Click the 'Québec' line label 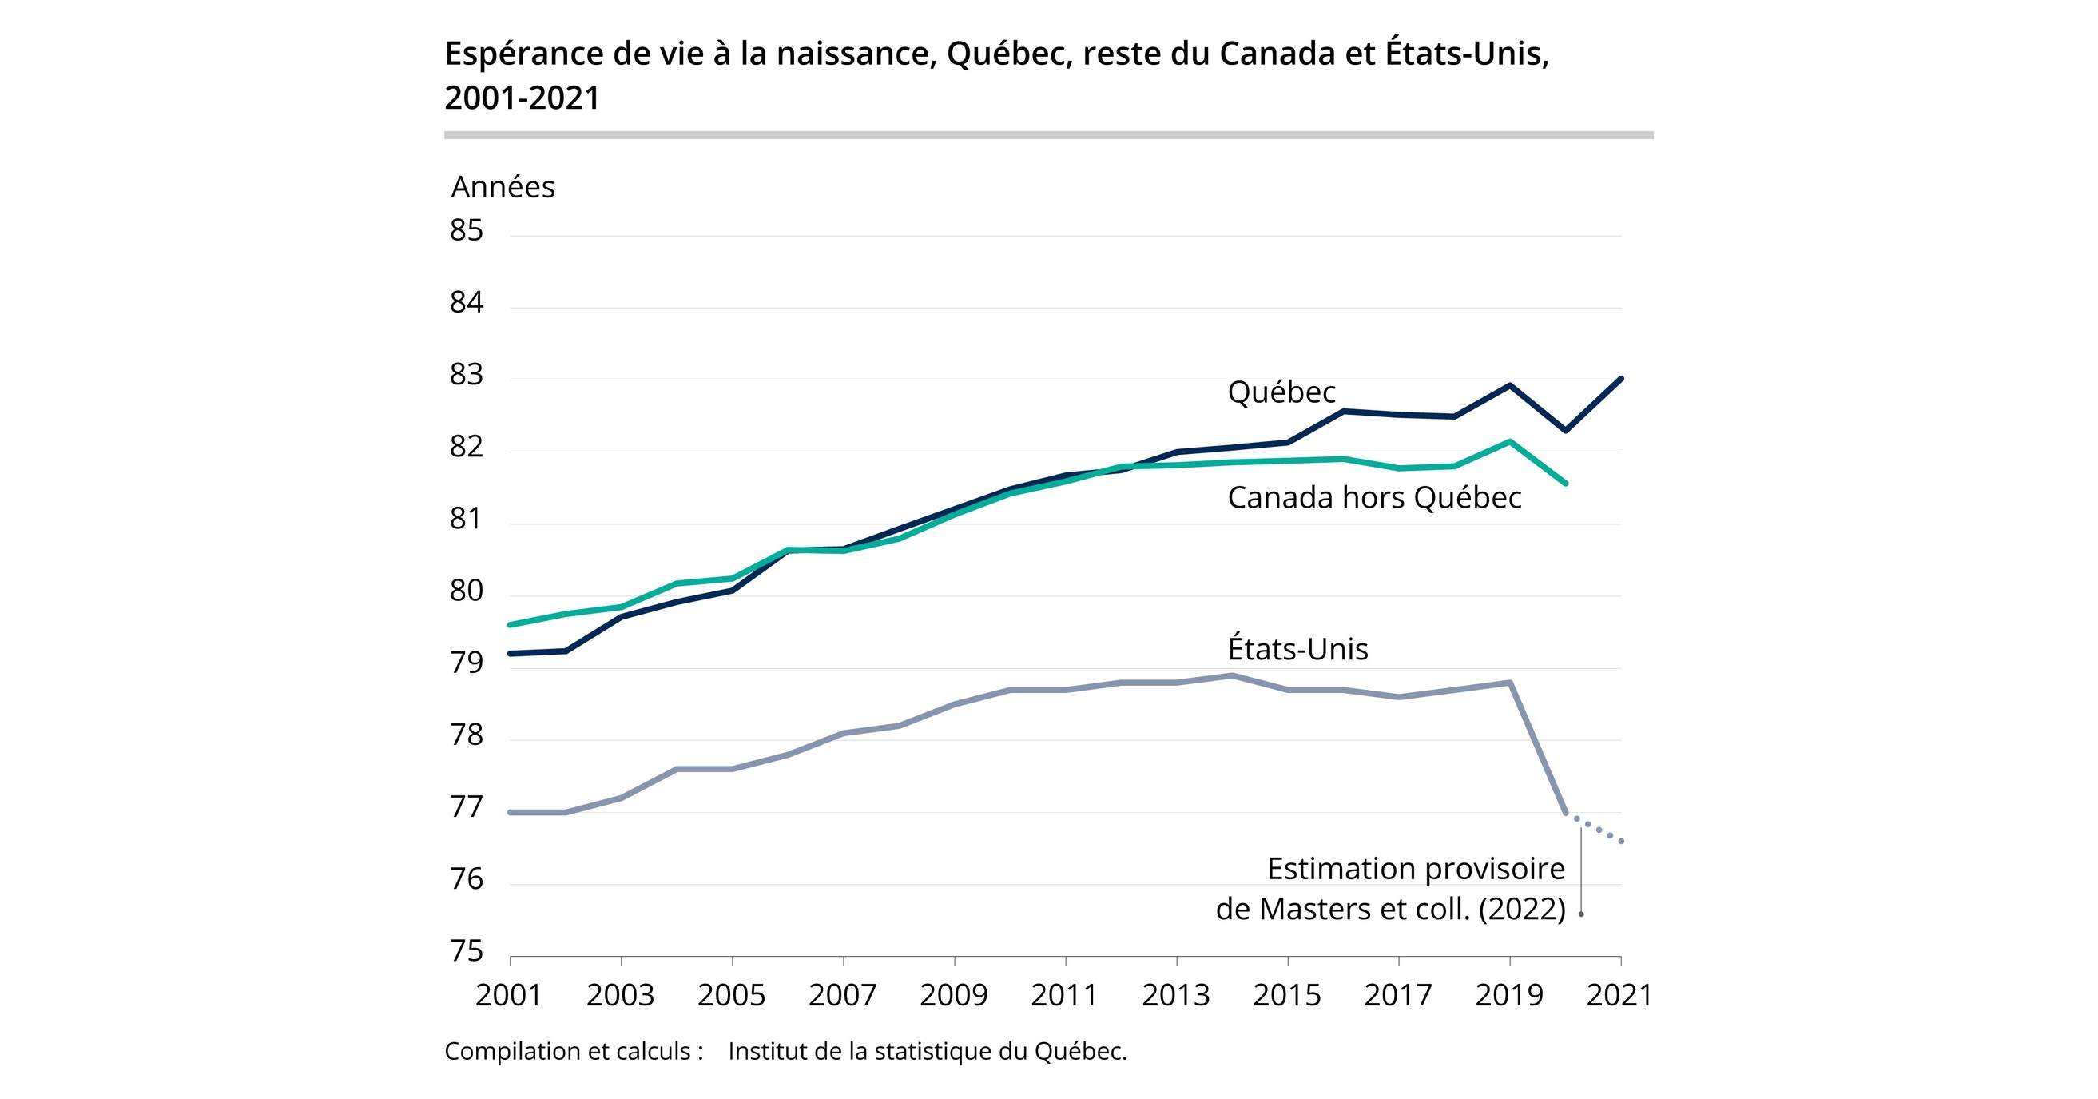[1281, 392]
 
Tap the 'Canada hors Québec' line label [1374, 498]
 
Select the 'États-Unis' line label [1297, 649]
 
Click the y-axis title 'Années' [503, 187]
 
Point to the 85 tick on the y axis [467, 231]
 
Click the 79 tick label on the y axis [467, 663]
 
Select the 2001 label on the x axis [509, 996]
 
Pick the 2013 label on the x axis [1175, 996]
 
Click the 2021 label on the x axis [1619, 996]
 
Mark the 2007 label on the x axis [842, 996]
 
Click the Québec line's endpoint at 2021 [1621, 379]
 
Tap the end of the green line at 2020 [1565, 483]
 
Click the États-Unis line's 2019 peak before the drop [1510, 683]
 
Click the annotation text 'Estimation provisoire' [1416, 870]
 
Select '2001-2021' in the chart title [522, 98]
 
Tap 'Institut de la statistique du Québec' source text [927, 1052]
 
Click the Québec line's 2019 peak [1510, 385]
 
